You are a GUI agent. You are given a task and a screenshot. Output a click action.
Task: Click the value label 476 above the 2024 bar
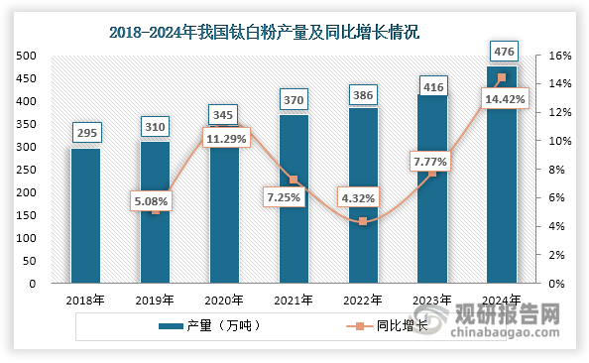click(x=502, y=51)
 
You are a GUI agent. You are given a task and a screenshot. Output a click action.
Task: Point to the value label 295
click(x=85, y=132)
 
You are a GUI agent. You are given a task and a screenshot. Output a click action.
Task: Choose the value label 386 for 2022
click(x=363, y=96)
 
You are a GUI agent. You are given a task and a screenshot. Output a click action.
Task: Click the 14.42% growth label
click(x=505, y=99)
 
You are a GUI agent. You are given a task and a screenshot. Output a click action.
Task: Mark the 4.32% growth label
click(x=364, y=198)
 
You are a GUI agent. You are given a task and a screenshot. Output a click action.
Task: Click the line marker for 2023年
click(x=432, y=174)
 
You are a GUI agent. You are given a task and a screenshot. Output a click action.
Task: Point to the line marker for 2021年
click(x=294, y=180)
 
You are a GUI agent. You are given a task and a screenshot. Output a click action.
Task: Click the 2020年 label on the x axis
click(x=224, y=299)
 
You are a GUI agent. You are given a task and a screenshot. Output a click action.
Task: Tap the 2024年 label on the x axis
click(x=502, y=299)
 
